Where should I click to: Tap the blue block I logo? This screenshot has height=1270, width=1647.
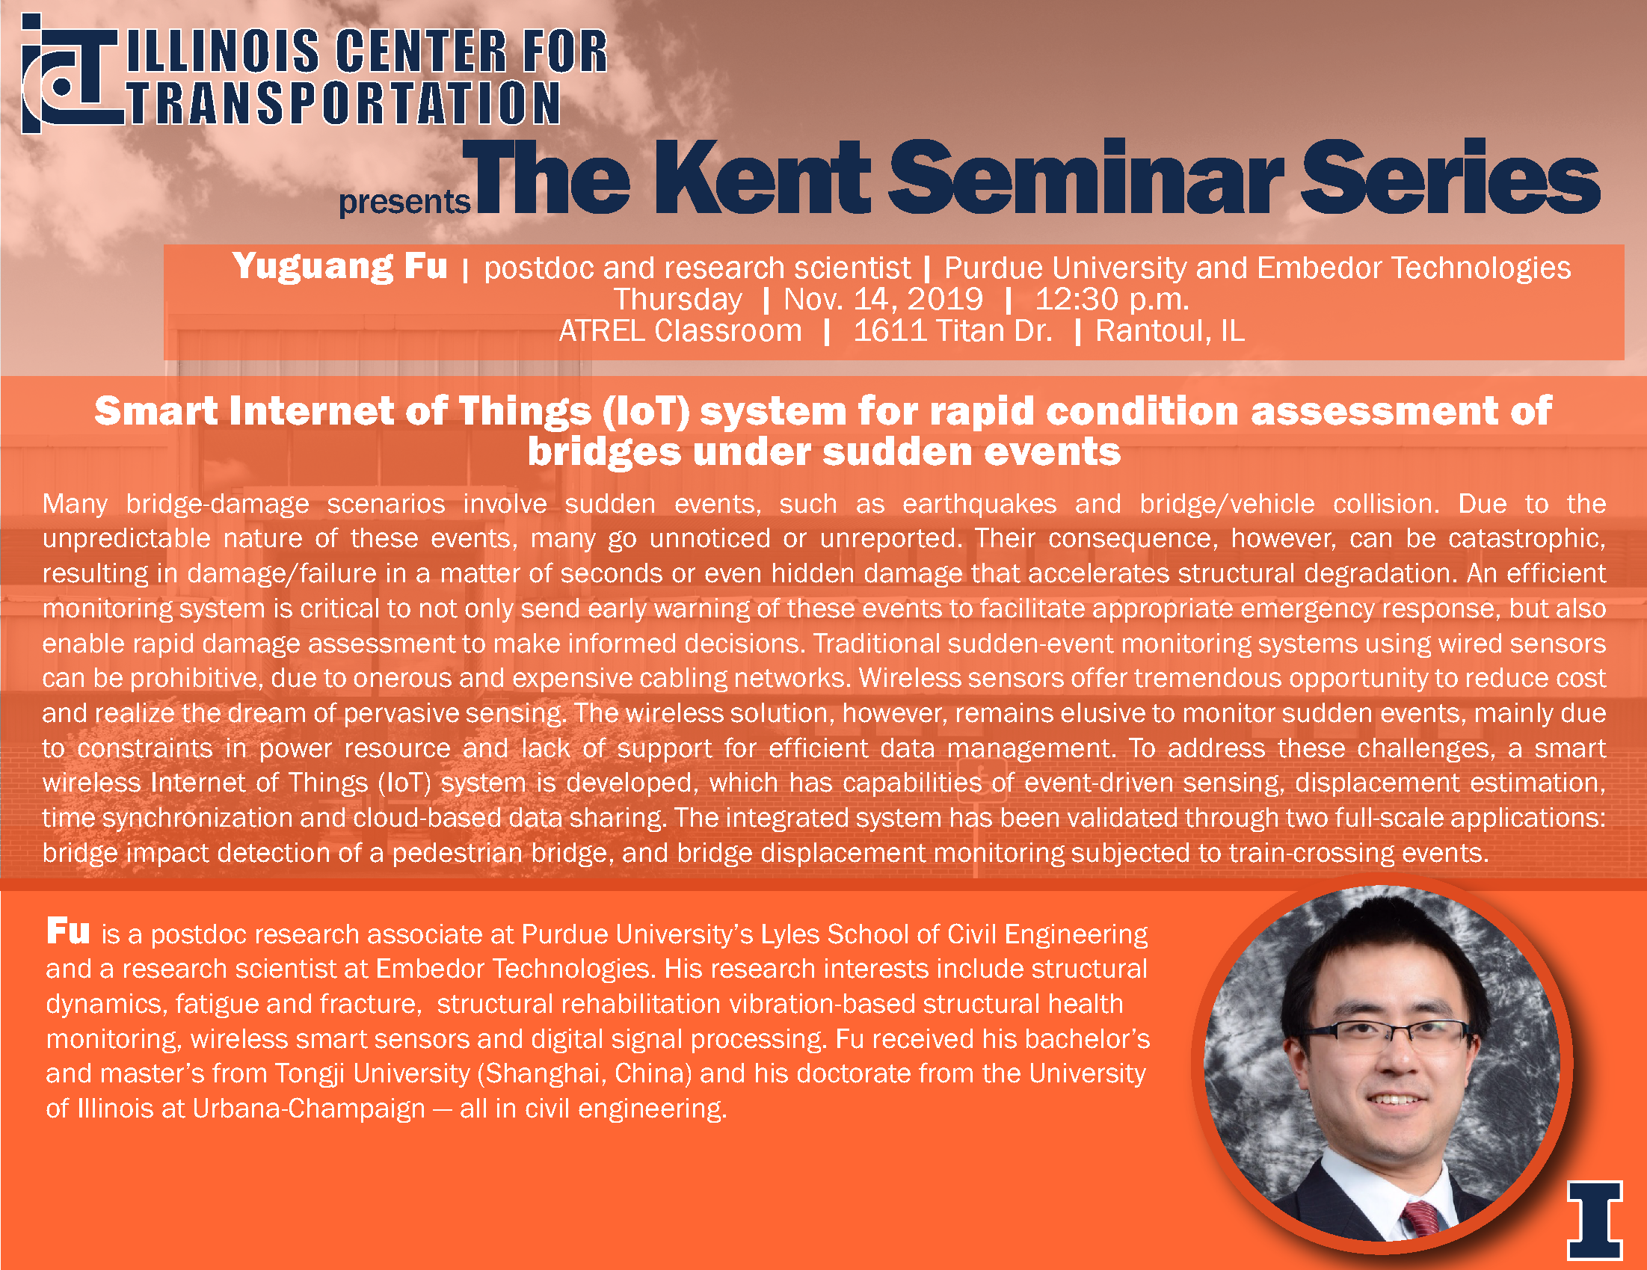[1595, 1219]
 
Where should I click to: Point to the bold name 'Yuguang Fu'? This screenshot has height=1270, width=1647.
[339, 266]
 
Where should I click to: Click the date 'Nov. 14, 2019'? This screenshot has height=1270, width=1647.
[883, 300]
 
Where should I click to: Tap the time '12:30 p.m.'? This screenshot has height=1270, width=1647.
[1112, 300]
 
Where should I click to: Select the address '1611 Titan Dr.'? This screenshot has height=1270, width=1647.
[952, 331]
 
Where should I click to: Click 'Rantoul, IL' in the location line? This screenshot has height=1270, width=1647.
[1169, 331]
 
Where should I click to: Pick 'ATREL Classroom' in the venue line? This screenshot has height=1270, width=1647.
[680, 331]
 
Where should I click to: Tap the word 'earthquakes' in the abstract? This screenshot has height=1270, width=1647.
[979, 503]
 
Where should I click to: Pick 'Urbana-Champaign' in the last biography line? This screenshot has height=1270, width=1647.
[310, 1109]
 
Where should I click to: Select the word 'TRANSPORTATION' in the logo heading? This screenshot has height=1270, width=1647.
[345, 103]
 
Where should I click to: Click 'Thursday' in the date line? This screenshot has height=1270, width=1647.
[677, 300]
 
